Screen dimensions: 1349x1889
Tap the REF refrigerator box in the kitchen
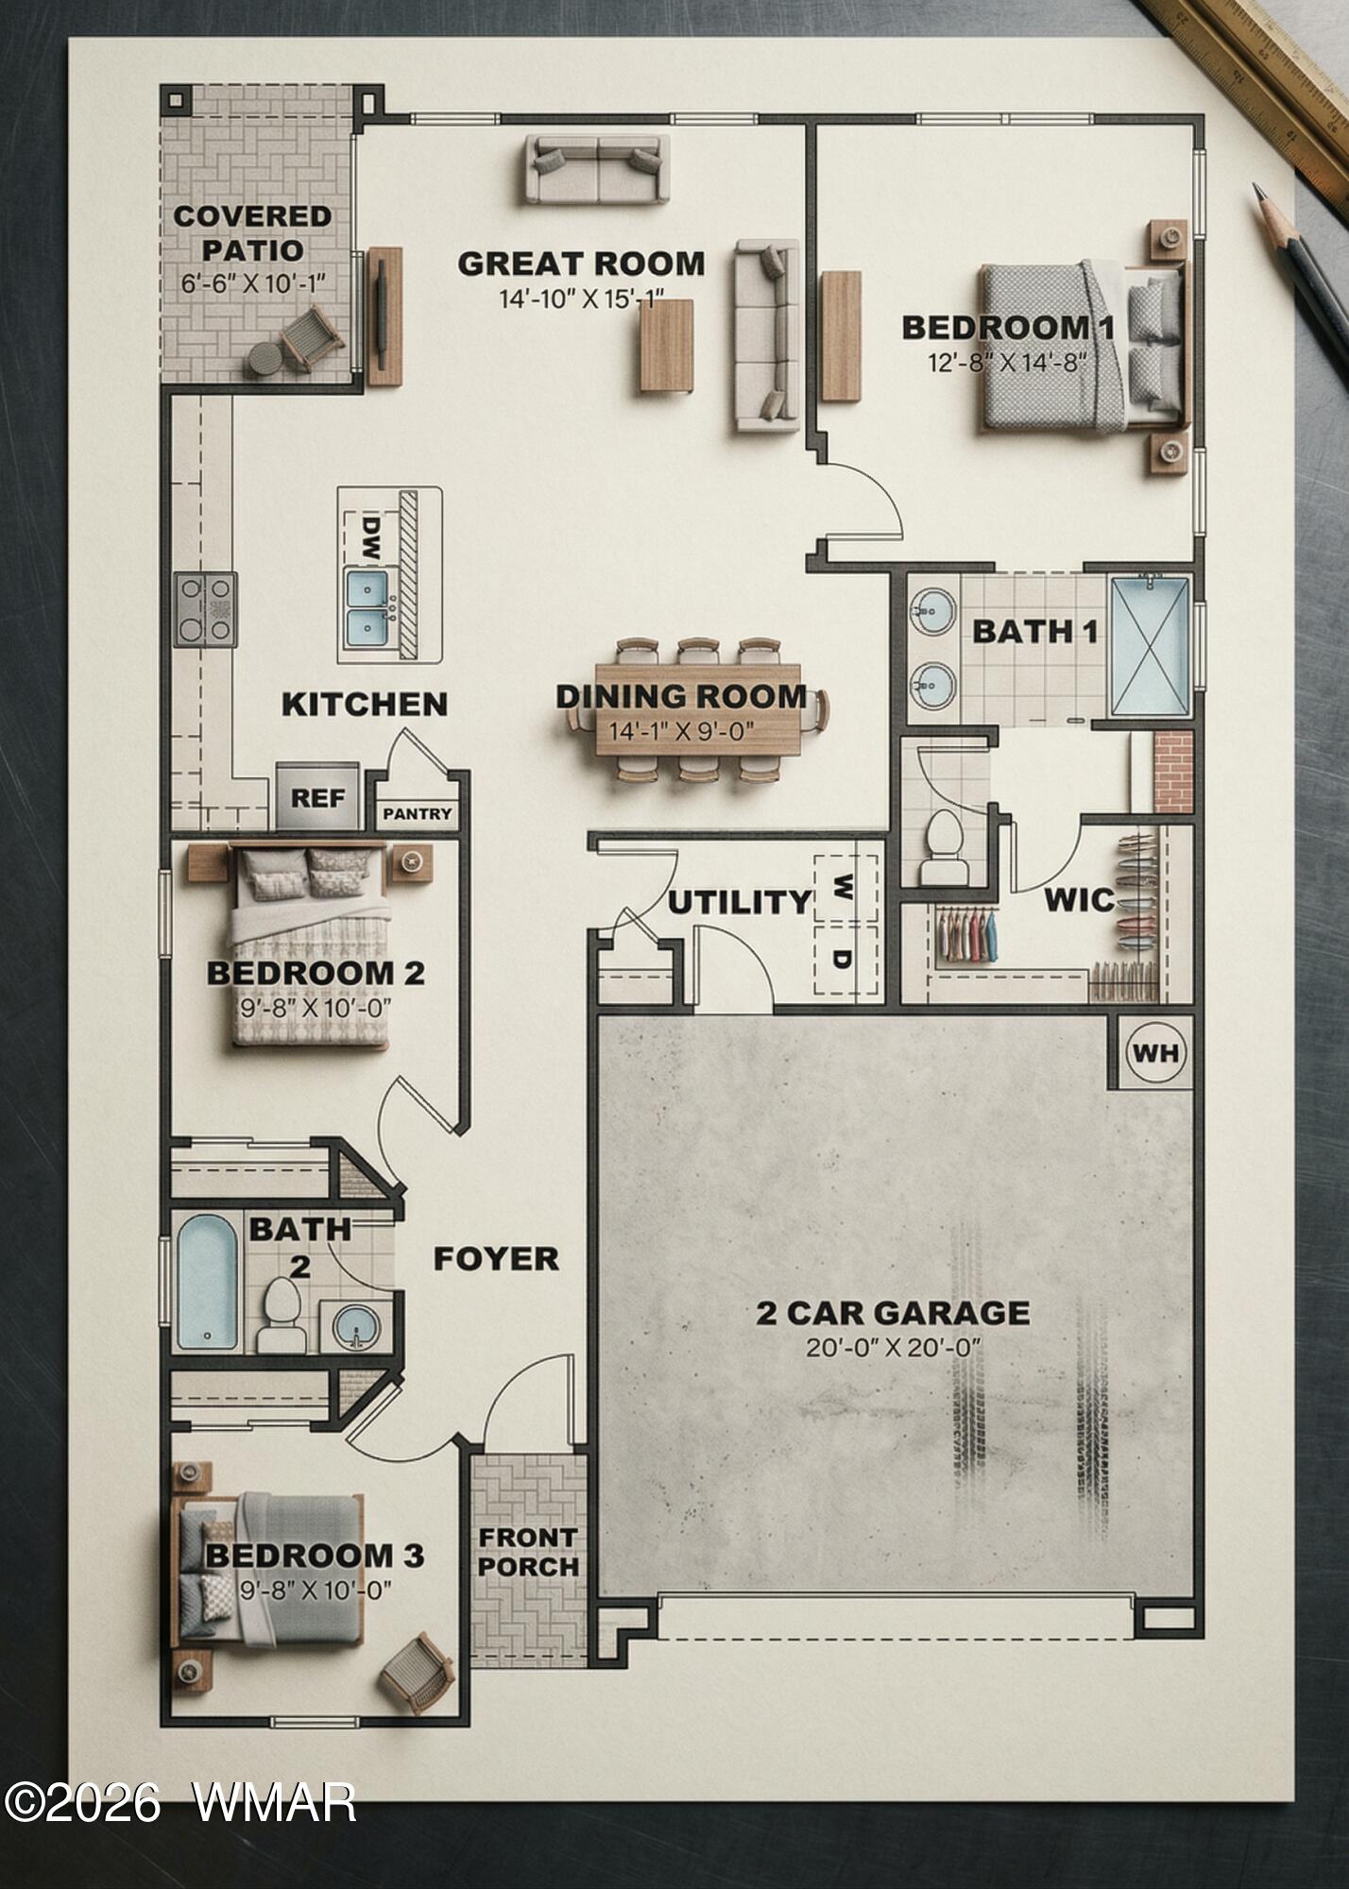click(317, 796)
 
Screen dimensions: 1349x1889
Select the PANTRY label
click(418, 813)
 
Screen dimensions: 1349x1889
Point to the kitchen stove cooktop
click(205, 609)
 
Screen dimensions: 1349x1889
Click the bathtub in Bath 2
click(207, 1282)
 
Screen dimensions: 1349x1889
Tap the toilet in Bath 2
click(282, 1316)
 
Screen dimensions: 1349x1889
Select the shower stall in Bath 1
click(1150, 646)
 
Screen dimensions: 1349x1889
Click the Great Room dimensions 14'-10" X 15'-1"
click(582, 300)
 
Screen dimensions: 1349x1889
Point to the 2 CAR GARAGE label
click(893, 1313)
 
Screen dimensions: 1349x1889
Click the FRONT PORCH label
click(528, 1552)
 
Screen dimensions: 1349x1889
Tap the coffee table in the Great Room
click(667, 345)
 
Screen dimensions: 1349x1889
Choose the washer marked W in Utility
click(845, 887)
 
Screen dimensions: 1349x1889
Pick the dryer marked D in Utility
click(845, 960)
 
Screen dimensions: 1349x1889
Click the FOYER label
click(496, 1258)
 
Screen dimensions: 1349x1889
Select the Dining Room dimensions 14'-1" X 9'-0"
click(681, 731)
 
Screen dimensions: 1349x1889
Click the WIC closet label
click(1079, 899)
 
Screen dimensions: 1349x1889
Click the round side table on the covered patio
click(265, 359)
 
